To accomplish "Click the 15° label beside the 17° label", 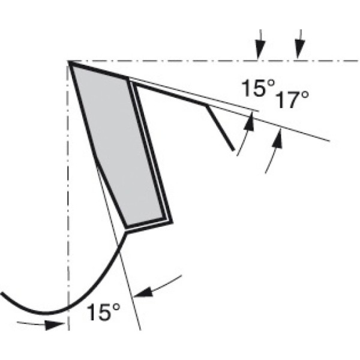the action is (258, 88).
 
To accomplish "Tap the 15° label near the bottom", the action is (104, 312).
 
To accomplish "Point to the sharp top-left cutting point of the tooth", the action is (69, 61).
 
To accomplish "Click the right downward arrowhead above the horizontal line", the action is (299, 50).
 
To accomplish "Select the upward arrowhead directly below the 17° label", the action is (277, 139).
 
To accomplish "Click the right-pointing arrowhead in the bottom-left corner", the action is (55, 325).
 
